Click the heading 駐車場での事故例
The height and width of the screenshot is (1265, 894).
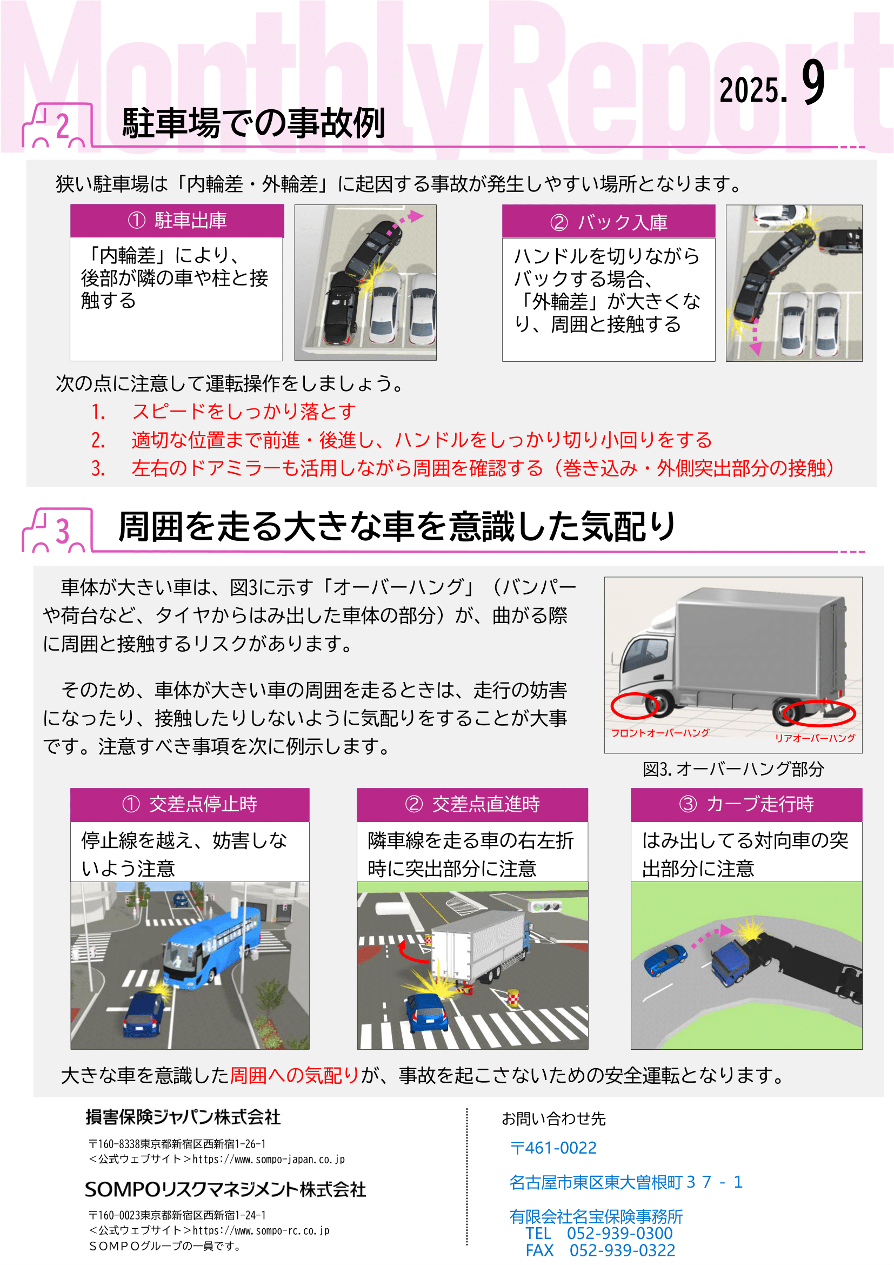253,122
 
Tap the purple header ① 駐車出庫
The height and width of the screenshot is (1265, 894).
177,220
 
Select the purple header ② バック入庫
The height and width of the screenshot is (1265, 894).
608,222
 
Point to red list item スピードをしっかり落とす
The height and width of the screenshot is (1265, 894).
243,412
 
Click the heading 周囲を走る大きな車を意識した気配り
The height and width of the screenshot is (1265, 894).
397,526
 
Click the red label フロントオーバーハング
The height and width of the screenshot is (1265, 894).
660,733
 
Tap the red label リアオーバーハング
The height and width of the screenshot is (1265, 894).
815,738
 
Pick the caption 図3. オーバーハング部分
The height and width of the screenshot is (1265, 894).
733,769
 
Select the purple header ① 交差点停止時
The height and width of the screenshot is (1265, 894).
189,804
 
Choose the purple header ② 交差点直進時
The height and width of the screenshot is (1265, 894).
472,804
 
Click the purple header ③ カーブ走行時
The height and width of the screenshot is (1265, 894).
746,804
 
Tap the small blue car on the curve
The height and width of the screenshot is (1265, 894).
665,960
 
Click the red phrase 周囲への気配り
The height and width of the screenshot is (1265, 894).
294,1076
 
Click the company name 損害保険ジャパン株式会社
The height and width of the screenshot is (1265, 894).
183,1117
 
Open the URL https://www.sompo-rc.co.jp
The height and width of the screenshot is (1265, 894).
261,1231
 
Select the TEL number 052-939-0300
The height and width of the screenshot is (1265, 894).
619,1234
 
